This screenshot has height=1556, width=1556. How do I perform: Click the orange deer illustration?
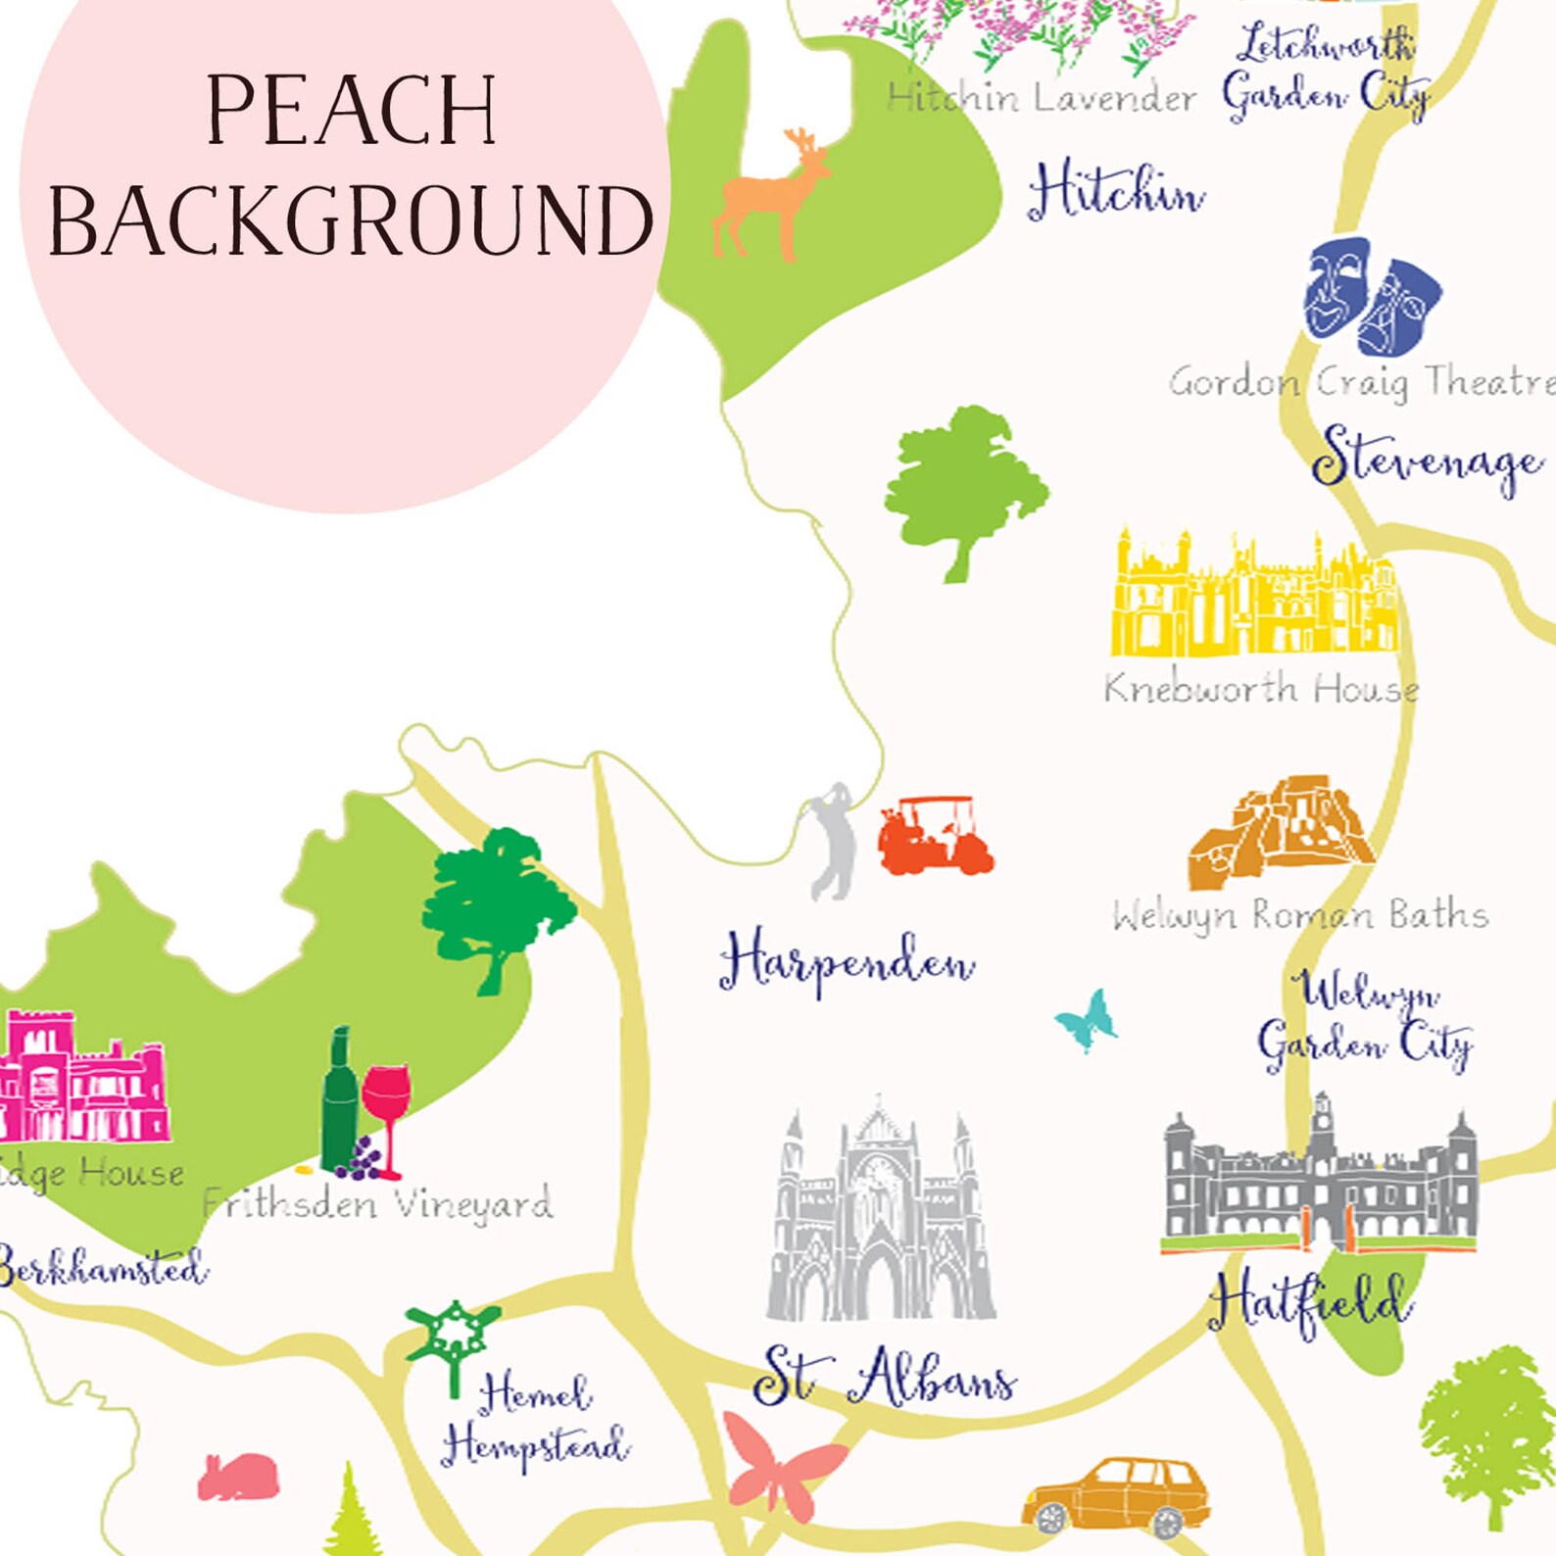769,196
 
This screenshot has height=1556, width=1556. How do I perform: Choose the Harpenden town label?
847,962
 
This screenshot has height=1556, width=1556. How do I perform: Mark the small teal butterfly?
1088,1021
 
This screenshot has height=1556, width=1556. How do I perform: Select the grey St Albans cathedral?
880,1215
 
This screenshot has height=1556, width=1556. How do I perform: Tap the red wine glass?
387,1107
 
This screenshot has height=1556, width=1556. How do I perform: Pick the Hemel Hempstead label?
534,1421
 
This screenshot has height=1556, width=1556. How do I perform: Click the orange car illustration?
1117,1494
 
